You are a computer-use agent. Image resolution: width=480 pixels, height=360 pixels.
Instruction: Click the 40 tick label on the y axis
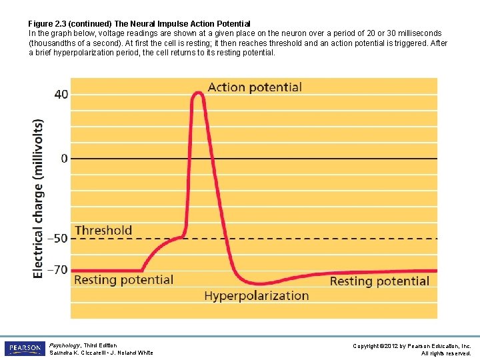(61, 95)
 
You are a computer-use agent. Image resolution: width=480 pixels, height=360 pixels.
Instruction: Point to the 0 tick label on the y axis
(64, 159)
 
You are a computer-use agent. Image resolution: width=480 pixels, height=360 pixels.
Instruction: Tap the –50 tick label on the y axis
(60, 239)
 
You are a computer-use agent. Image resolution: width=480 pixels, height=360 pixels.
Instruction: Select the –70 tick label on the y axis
(60, 270)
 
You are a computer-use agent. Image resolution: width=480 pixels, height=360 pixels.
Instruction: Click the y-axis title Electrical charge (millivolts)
(39, 198)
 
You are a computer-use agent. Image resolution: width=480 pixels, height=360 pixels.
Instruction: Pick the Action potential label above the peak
(255, 87)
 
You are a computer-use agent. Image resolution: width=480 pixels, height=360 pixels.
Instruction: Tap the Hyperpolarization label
(257, 295)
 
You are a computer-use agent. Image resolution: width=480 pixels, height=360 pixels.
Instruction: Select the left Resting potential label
(123, 280)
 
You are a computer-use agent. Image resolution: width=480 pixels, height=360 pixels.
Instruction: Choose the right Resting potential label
(379, 281)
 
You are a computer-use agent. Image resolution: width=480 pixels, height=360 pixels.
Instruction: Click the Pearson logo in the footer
(24, 349)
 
